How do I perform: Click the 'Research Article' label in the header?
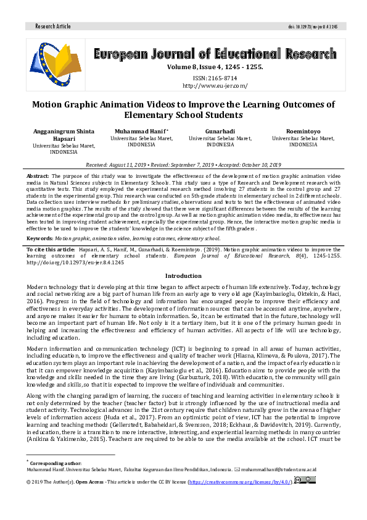(54, 27)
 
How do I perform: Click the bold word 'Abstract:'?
(38, 177)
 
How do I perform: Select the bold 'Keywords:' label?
(39, 238)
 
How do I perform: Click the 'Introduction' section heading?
(183, 275)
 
